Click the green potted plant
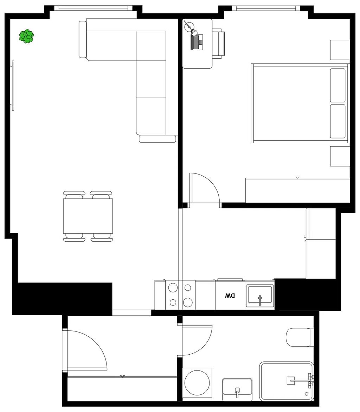click(26, 36)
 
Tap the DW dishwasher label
click(230, 296)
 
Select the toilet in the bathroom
click(300, 337)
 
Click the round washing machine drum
click(197, 382)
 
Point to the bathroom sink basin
click(237, 390)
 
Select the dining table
click(88, 216)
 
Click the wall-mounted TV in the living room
click(13, 85)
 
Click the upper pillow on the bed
click(338, 85)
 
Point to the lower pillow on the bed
click(338, 121)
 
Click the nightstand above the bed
click(340, 50)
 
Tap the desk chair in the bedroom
click(218, 44)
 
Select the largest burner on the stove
click(188, 302)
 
